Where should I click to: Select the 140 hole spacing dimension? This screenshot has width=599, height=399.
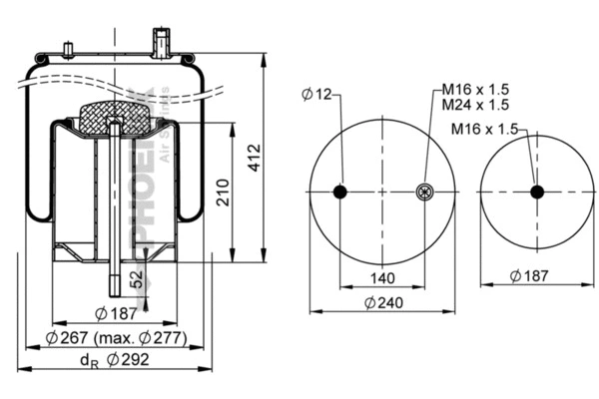click(382, 278)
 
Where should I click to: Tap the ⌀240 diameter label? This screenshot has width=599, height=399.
click(382, 302)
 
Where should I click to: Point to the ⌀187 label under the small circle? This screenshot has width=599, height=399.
click(530, 276)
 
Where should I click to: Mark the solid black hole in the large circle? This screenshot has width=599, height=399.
click(340, 193)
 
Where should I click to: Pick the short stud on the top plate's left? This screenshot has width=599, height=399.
click(68, 51)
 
